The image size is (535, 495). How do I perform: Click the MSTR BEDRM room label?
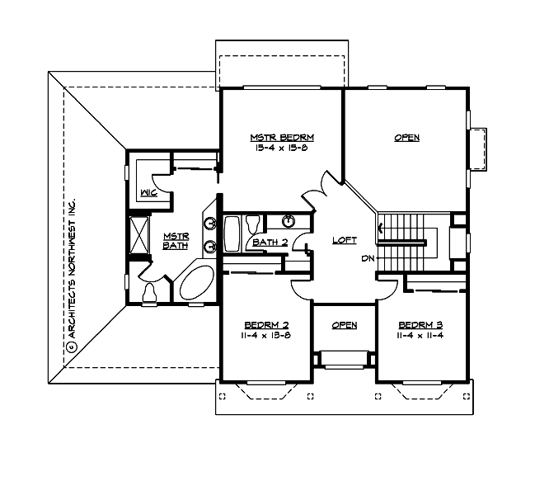click(282, 137)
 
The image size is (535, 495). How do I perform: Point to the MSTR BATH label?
click(176, 239)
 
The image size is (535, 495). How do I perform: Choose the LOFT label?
click(344, 240)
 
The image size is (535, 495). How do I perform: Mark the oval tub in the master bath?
click(195, 284)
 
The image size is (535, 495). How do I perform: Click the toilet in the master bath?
click(150, 292)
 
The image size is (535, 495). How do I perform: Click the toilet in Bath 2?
click(254, 223)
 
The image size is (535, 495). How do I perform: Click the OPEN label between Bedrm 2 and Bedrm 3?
click(344, 325)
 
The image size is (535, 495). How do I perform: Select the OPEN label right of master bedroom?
click(406, 138)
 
